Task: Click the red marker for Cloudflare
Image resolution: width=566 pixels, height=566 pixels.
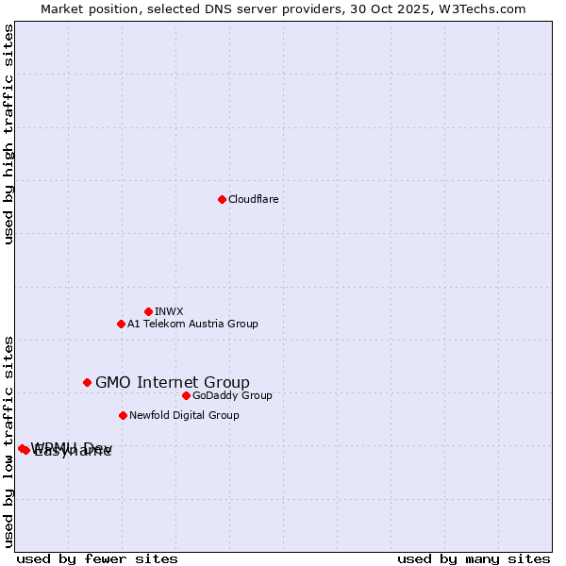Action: pyautogui.click(x=222, y=199)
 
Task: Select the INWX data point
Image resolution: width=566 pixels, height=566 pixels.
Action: pyautogui.click(x=148, y=311)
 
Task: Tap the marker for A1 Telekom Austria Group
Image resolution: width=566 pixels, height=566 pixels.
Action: pyautogui.click(x=121, y=324)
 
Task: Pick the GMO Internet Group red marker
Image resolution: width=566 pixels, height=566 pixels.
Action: pyautogui.click(x=87, y=382)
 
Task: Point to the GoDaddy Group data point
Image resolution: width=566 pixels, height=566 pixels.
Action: pyautogui.click(x=186, y=395)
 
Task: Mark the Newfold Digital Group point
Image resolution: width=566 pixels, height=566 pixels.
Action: pyautogui.click(x=123, y=415)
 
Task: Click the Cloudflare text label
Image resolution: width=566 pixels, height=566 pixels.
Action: pyautogui.click(x=253, y=199)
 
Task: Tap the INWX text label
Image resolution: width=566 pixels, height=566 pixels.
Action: pyautogui.click(x=169, y=311)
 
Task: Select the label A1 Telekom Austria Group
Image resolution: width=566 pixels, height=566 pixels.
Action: pyautogui.click(x=192, y=324)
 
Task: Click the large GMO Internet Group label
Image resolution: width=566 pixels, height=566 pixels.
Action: pyautogui.click(x=173, y=382)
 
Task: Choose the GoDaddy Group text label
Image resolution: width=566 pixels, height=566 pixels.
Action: pyautogui.click(x=232, y=395)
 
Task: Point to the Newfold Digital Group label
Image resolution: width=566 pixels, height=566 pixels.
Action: pyautogui.click(x=184, y=415)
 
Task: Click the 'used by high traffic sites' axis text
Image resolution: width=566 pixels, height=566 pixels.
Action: pyautogui.click(x=8, y=135)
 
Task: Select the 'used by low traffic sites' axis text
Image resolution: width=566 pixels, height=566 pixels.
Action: pyautogui.click(x=8, y=441)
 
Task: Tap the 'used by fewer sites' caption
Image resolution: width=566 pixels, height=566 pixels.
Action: pyautogui.click(x=97, y=558)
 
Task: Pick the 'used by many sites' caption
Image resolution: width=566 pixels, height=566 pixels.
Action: pyautogui.click(x=474, y=558)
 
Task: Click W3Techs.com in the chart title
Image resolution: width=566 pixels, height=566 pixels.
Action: pyautogui.click(x=487, y=8)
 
